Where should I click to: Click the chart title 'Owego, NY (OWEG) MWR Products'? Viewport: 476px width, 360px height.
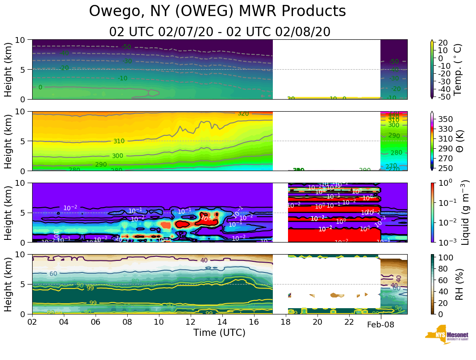pyautogui.click(x=217, y=11)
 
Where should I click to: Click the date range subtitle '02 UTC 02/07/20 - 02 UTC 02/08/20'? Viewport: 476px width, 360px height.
pyautogui.click(x=219, y=32)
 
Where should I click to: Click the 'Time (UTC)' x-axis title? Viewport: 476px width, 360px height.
pyautogui.click(x=219, y=333)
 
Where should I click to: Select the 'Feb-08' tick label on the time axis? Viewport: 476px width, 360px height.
pyautogui.click(x=380, y=325)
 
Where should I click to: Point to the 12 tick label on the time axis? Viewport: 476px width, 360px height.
pyautogui.click(x=191, y=322)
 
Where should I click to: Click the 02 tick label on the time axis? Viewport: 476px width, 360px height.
pyautogui.click(x=32, y=322)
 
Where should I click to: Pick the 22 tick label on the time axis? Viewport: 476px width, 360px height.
pyautogui.click(x=349, y=322)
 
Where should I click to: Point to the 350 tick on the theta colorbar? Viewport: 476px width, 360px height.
pyautogui.click(x=446, y=119)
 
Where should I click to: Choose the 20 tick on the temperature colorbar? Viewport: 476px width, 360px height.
pyautogui.click(x=443, y=42)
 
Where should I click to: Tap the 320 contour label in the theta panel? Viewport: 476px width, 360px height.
pyautogui.click(x=243, y=113)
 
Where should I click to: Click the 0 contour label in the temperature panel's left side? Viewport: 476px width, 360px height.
pyautogui.click(x=40, y=87)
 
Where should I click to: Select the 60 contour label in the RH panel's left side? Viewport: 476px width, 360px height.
pyautogui.click(x=53, y=273)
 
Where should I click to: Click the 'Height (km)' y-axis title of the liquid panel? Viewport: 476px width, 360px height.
pyautogui.click(x=8, y=212)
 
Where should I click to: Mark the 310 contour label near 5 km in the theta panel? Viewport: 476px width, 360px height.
pyautogui.click(x=119, y=141)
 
